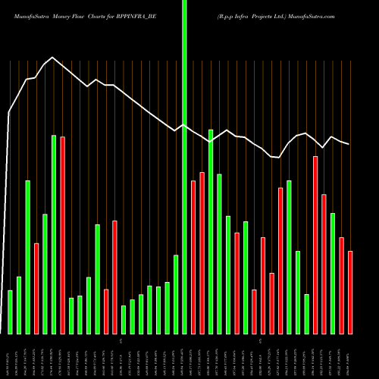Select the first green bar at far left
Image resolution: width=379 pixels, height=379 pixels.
pos(10,312)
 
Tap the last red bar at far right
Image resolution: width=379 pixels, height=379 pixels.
pos(350,293)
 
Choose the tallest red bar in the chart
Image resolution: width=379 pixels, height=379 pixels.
pos(63,235)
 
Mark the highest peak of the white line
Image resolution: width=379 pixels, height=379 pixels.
pos(52,57)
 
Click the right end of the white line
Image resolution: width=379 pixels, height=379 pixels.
pos(349,144)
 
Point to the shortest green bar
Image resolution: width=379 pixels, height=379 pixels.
pos(124,319)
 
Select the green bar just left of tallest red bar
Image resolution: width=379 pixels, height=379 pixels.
pos(54,234)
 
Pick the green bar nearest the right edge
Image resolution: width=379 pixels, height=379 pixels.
pos(333,273)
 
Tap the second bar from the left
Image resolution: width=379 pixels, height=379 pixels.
pos(19,305)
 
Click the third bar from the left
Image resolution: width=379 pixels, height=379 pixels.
pos(27,257)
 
